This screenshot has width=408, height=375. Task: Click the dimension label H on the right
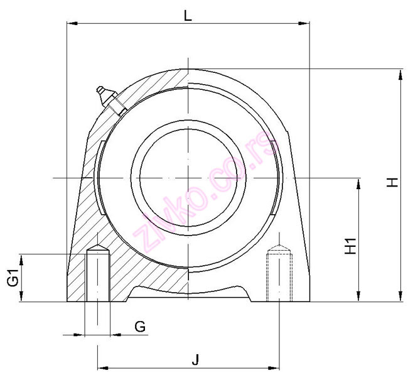(392, 183)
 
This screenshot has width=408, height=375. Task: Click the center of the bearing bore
(187, 178)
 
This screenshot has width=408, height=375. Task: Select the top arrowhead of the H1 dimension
(358, 183)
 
